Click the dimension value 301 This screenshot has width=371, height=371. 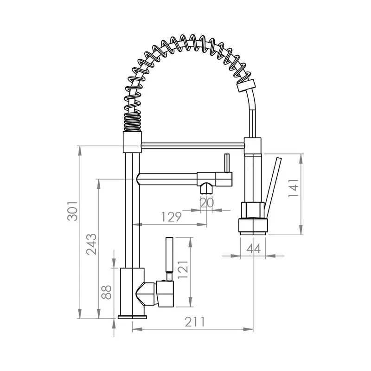pos(72,211)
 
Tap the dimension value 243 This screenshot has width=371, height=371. pos(91,244)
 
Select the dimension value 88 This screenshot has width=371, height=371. pos(106,292)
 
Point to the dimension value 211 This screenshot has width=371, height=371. pos(194,322)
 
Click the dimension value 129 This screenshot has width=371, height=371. pos(171,217)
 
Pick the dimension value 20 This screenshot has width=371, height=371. pos(207,203)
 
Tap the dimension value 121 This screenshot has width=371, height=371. pos(183,270)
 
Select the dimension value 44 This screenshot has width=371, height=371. pos(253,249)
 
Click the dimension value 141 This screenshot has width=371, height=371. pos(294,188)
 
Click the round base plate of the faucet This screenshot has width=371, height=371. pos(133,317)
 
